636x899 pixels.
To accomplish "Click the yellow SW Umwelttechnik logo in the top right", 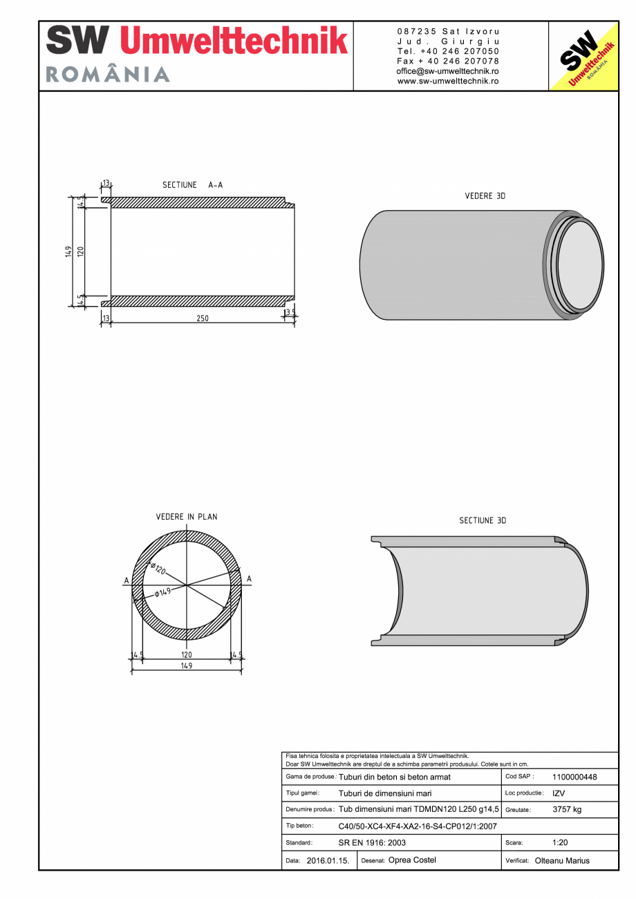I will [x=583, y=57].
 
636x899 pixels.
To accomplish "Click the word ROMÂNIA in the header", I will [x=108, y=75].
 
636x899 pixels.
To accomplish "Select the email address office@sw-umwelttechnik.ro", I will [x=448, y=71].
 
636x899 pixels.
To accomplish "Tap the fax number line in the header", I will [x=448, y=61].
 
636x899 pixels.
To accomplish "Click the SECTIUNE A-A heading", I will [x=192, y=185].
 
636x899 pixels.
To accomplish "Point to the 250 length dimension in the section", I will [x=202, y=319].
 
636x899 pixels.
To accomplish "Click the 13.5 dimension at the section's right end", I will [x=290, y=313].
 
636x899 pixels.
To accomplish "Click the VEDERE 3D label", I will [x=485, y=196].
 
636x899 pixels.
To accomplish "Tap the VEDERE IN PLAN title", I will [x=186, y=517].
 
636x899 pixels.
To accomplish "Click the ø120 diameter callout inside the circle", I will [x=158, y=569].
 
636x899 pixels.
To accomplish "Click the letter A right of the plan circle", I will [x=249, y=579].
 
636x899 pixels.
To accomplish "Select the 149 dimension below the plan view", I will [x=186, y=666].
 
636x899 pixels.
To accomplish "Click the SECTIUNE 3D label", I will [x=483, y=520].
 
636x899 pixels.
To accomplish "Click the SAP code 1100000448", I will [x=574, y=777].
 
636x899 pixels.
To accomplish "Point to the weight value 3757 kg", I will [x=567, y=809].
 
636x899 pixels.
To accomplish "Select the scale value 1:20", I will [x=560, y=842].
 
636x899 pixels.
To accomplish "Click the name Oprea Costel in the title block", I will [x=412, y=860].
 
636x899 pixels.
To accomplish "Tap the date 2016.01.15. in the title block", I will [x=328, y=861].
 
